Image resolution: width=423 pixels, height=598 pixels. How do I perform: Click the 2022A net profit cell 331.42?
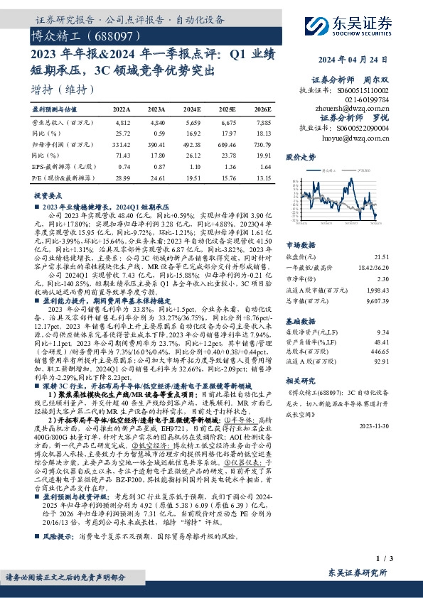[x=123, y=143]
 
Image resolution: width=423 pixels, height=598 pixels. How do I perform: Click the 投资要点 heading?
[x=47, y=194]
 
